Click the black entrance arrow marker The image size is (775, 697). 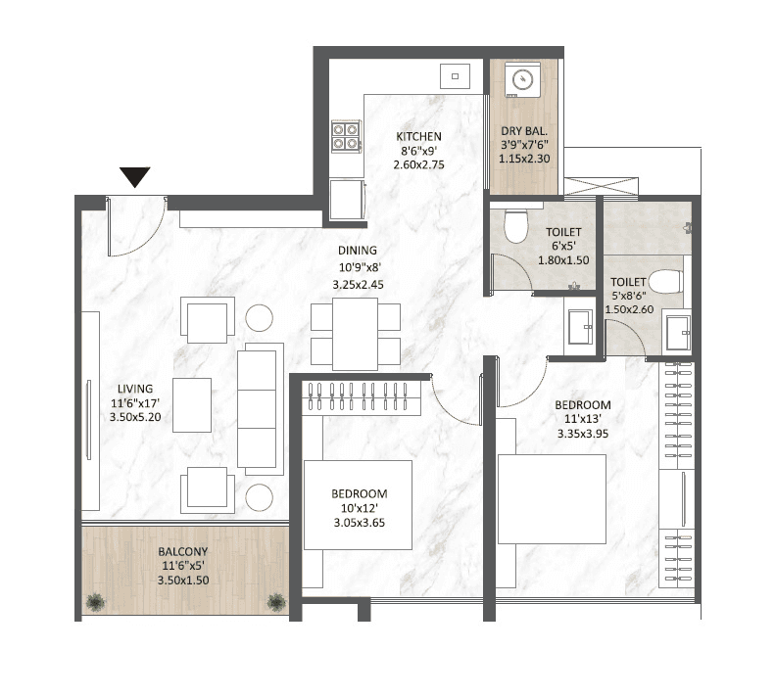click(135, 177)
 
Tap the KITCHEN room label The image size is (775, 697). click(418, 137)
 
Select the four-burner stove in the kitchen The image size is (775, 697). click(345, 134)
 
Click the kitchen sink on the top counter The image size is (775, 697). click(455, 74)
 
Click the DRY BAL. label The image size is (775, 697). click(523, 130)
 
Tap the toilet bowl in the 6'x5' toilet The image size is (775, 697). click(514, 226)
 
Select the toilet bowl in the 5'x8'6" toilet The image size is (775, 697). click(669, 282)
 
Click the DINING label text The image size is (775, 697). click(357, 251)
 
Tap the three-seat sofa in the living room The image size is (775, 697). click(261, 406)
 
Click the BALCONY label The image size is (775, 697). click(183, 552)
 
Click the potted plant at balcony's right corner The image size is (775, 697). click(275, 601)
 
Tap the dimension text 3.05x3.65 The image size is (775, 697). click(359, 522)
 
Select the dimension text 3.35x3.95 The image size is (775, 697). click(582, 434)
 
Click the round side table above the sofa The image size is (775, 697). click(260, 317)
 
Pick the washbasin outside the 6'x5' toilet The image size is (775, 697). click(579, 322)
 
